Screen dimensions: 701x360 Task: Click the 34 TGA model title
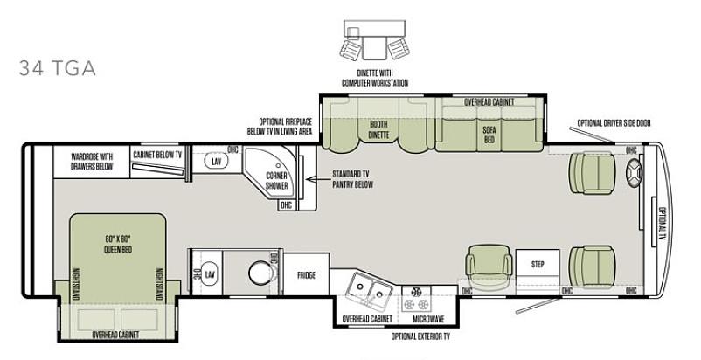point(57,68)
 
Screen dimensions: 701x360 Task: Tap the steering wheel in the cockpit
point(634,173)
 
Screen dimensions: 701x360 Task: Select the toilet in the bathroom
point(261,273)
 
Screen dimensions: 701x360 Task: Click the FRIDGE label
point(306,275)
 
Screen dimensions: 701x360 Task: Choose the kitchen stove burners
point(416,299)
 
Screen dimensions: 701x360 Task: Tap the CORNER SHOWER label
point(277,181)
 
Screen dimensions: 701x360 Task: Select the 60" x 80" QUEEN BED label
point(118,245)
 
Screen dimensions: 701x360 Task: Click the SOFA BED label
point(489,135)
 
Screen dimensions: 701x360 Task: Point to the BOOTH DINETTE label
point(378,129)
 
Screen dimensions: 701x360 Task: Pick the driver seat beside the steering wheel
point(592,173)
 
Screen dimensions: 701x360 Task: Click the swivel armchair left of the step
point(489,267)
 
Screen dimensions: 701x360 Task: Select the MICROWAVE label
point(428,319)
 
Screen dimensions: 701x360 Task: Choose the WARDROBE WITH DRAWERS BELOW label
point(92,162)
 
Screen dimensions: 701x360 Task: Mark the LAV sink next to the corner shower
point(217,161)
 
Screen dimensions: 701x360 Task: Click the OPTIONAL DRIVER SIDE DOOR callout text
point(614,123)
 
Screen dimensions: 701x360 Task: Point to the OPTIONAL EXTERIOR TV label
point(420,336)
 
